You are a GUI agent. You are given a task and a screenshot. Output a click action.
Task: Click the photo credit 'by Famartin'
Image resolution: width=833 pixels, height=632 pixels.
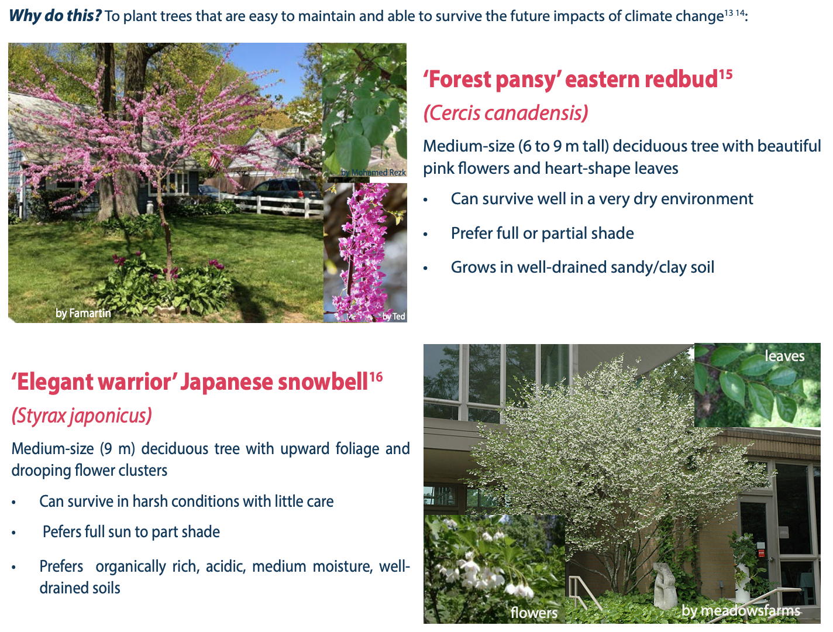point(83,313)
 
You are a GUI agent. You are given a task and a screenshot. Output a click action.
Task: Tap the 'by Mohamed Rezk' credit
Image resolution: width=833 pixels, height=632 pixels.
point(373,172)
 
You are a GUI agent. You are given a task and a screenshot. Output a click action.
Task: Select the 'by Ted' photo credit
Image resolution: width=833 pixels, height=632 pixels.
point(394,316)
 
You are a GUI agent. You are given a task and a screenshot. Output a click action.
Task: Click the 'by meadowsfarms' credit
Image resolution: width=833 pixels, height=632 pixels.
point(741,611)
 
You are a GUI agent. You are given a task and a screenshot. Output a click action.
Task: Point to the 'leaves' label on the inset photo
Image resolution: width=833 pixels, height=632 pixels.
point(784,356)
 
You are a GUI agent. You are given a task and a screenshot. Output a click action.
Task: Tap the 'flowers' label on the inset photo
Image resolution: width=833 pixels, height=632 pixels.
point(534,612)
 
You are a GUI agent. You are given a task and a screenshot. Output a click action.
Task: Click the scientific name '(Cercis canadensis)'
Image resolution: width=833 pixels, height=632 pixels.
point(506,113)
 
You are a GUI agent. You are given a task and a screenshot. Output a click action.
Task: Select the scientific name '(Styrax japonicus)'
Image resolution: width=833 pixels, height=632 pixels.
point(81,415)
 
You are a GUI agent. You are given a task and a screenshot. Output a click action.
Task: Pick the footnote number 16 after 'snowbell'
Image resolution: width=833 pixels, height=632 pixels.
point(376,377)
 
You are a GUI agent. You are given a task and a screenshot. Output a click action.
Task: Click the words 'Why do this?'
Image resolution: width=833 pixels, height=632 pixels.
point(55,16)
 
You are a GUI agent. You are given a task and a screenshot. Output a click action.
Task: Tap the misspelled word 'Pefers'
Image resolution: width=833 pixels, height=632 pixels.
point(61,532)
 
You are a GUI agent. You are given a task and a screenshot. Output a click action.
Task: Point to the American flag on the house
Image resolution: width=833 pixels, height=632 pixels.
point(215,161)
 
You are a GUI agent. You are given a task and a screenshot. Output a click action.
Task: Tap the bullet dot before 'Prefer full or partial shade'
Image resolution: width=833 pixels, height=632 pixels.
point(426,235)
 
